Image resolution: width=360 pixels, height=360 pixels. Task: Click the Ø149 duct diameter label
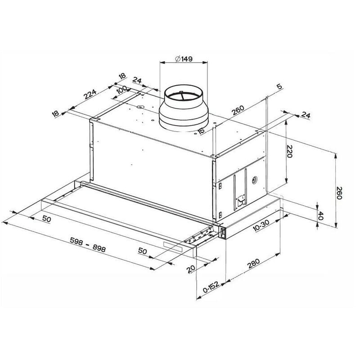point(184,59)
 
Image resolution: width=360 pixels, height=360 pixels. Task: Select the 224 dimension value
point(90,94)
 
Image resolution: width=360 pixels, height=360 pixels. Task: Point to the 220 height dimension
point(290,151)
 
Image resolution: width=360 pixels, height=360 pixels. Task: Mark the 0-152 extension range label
point(211,287)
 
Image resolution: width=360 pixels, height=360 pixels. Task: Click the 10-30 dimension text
point(261,225)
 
